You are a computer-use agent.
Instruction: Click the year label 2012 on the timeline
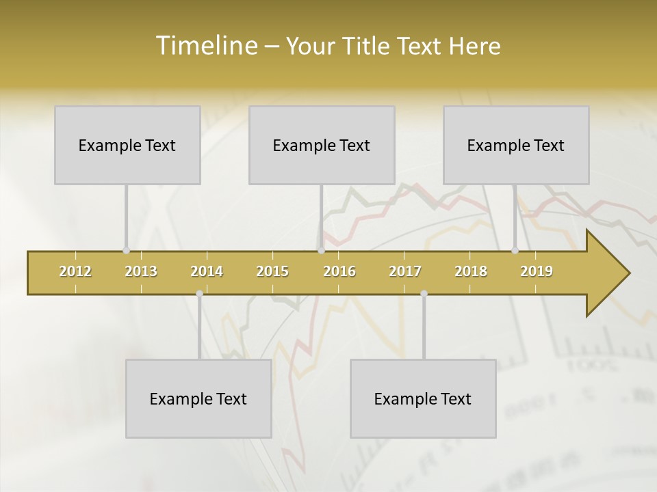coord(75,271)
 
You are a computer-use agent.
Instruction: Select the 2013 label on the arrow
coord(141,271)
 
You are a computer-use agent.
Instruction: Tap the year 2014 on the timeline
coord(207,271)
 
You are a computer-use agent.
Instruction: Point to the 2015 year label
coord(272,271)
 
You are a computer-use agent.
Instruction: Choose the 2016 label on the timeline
coord(339,271)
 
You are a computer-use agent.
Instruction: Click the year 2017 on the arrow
coord(405,271)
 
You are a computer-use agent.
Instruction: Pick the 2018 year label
coord(471,271)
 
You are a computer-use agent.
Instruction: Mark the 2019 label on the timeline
coord(537,271)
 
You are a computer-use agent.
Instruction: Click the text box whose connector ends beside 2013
coord(127,145)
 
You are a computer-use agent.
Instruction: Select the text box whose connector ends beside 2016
coord(322,145)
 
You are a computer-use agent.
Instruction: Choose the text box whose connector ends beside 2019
coord(516,145)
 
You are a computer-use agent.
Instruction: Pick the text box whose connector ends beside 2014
coord(198,398)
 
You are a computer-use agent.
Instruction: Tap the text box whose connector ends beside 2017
coord(423,398)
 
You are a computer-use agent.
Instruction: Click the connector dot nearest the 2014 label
coord(199,293)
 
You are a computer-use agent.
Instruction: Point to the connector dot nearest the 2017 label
coord(424,293)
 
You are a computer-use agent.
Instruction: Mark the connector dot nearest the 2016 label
coord(321,251)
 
